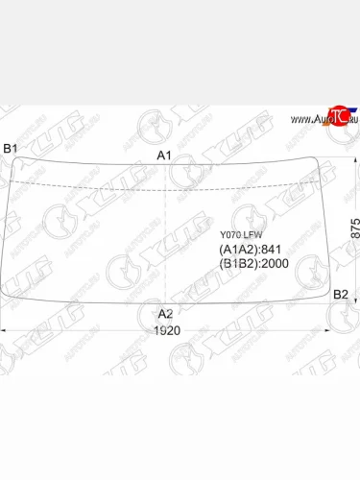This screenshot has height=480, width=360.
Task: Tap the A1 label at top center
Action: click(x=164, y=156)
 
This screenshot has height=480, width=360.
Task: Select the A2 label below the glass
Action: click(x=165, y=314)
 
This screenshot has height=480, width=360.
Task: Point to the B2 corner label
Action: click(x=340, y=294)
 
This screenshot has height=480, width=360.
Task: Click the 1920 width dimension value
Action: click(x=167, y=330)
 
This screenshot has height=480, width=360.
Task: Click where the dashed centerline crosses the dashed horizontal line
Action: click(x=166, y=180)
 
